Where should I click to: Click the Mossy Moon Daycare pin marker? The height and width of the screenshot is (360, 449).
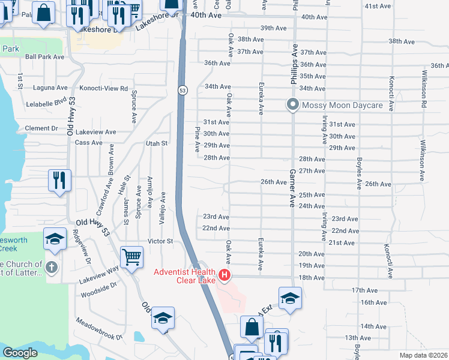pyautogui.click(x=292, y=105)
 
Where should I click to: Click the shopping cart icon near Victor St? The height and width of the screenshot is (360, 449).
pyautogui.click(x=131, y=257)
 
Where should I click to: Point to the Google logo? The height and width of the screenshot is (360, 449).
pyautogui.click(x=20, y=353)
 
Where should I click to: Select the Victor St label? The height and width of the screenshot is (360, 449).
pyautogui.click(x=160, y=241)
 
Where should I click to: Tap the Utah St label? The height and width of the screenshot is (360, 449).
pyautogui.click(x=156, y=143)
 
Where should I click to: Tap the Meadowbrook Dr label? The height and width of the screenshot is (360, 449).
pyautogui.click(x=99, y=329)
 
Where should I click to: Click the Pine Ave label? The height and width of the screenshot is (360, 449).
pyautogui.click(x=197, y=139)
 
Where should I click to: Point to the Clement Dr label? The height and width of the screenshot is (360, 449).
pyautogui.click(x=41, y=128)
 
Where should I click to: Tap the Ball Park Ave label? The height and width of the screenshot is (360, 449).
pyautogui.click(x=45, y=57)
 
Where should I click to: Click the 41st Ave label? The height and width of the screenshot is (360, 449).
pyautogui.click(x=378, y=6)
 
